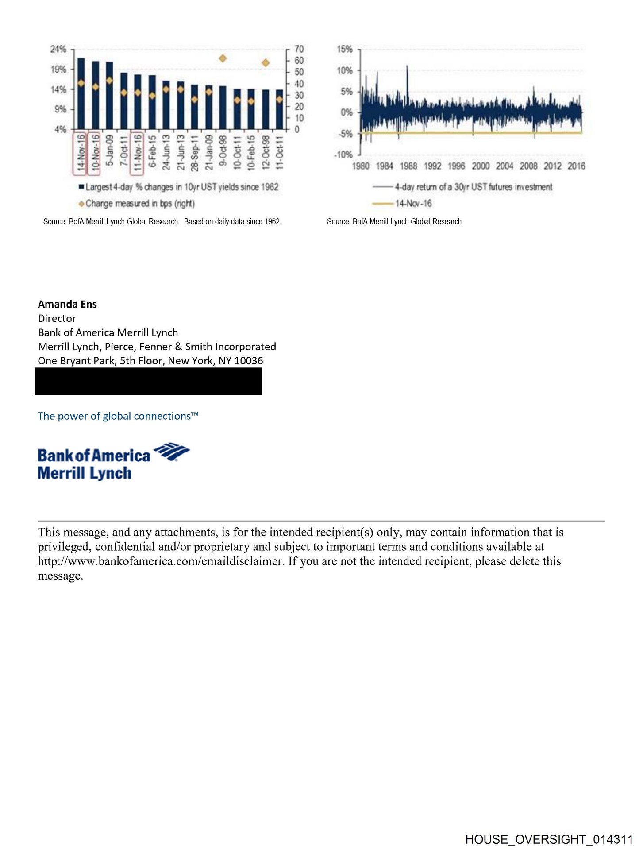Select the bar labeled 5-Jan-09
point(109,96)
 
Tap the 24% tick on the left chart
point(58,49)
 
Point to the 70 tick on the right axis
point(299,49)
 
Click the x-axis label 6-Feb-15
point(152,151)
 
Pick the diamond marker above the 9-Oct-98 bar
point(223,58)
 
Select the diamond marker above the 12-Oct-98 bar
point(266,63)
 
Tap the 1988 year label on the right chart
point(408,166)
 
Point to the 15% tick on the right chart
point(345,49)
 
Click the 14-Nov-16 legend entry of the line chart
point(413,204)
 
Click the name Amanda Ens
point(67,304)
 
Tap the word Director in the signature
point(57,318)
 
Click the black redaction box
point(149,381)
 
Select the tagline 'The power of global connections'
point(118,416)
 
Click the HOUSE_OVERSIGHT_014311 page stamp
point(549,839)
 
